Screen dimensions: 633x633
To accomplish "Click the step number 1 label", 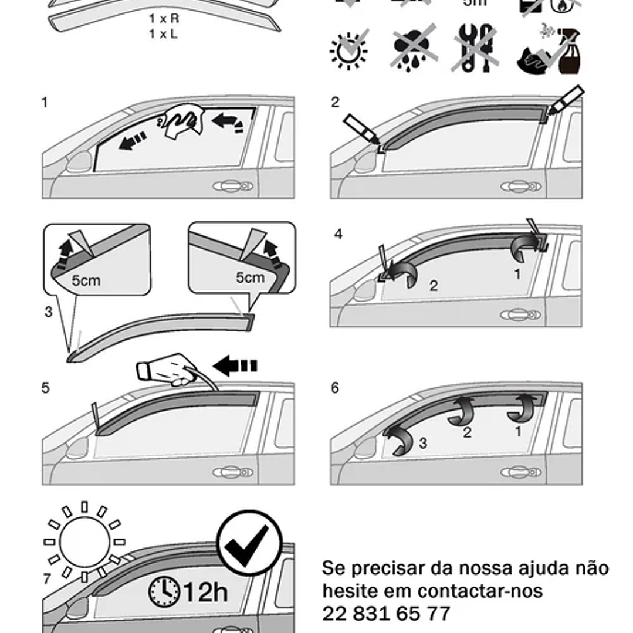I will coord(45,103).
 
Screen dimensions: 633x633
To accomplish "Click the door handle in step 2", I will coord(521,187).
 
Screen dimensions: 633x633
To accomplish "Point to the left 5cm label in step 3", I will coord(86,280).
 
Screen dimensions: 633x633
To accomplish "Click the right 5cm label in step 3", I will coord(250,277).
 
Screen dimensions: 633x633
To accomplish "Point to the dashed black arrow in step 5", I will coord(235,367).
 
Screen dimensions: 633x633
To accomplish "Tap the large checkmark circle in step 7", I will coord(249,543).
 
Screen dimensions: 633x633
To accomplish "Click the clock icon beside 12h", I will coord(164,592).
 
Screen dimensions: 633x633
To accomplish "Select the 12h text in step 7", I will coord(206,592).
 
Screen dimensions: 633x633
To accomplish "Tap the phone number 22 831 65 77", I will coord(386,614).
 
